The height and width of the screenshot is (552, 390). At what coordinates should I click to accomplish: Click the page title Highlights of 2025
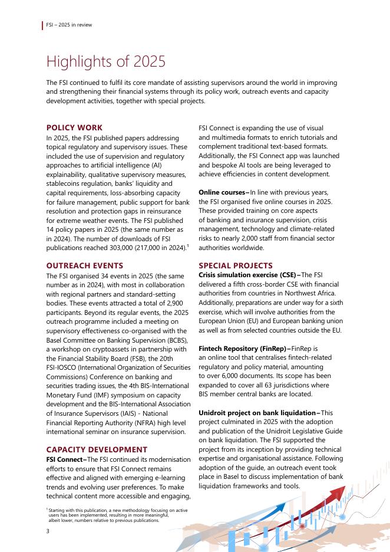click(x=105, y=61)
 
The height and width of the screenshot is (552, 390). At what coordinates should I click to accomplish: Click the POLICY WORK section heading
click(x=74, y=127)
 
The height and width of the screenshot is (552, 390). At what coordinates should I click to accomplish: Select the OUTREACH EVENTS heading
click(x=84, y=265)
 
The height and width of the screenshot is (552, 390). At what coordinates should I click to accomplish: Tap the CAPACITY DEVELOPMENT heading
click(x=97, y=449)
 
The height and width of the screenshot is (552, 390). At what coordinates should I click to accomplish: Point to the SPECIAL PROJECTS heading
click(x=236, y=265)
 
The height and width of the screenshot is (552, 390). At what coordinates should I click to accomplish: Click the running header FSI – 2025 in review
click(x=69, y=25)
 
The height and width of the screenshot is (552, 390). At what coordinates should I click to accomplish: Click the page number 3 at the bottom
click(x=48, y=532)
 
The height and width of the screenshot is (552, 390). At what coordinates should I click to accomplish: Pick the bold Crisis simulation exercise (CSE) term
click(x=248, y=275)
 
